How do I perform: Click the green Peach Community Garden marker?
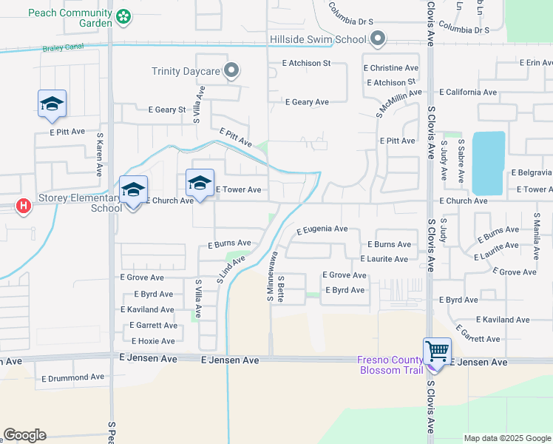click(x=124, y=16)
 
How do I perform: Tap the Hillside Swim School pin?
click(x=379, y=38)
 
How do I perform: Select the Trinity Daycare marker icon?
click(x=232, y=71)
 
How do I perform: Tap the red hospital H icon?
click(x=24, y=206)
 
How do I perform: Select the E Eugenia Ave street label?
click(x=322, y=230)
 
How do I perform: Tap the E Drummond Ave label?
click(x=73, y=377)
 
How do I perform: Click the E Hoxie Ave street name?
click(x=153, y=341)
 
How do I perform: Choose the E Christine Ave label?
click(x=390, y=67)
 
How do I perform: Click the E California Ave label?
click(x=468, y=92)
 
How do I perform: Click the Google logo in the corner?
click(x=24, y=435)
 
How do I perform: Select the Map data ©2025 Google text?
click(x=506, y=438)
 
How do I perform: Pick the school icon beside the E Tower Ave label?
click(x=200, y=181)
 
